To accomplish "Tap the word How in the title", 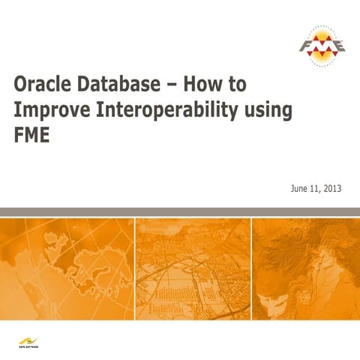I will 199,82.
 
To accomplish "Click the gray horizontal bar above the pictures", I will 180,212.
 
